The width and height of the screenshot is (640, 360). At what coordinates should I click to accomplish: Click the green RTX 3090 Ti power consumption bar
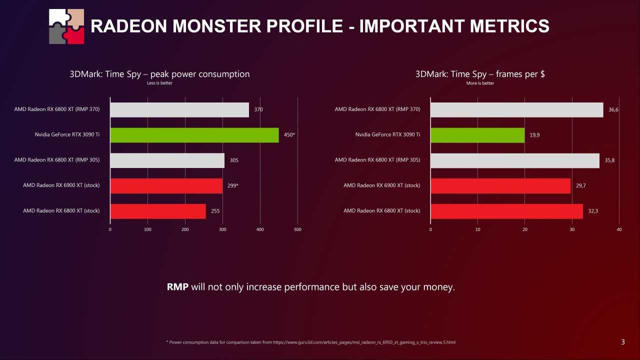coord(194,135)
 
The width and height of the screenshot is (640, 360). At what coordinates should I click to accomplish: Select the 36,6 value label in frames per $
coord(613,109)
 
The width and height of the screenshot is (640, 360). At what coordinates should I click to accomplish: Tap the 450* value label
coord(289,135)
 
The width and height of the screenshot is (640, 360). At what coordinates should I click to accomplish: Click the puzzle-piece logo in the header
coord(66,26)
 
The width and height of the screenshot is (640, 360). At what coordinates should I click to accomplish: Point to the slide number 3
coord(622,342)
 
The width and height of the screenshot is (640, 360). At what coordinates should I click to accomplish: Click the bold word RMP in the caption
coord(177,287)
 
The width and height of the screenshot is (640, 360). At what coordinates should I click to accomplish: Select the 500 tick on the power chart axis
coord(297,229)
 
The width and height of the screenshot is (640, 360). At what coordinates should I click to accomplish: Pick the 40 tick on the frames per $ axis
coord(619,229)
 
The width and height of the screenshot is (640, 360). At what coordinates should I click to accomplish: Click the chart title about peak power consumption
coord(159,74)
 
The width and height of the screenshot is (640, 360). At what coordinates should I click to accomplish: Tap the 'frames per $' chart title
coord(480,74)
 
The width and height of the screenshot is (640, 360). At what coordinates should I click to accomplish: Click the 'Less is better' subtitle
coord(159,83)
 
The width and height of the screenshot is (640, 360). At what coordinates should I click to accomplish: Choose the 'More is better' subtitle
coord(480,83)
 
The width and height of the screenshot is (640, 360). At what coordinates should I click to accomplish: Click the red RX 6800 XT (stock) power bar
coord(158,211)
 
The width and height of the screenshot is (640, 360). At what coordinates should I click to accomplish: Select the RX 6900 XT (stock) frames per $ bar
coord(500,185)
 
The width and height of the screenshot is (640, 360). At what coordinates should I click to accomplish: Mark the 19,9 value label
coord(534,135)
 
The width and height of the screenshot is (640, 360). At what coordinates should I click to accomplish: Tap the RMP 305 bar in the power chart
coord(167,160)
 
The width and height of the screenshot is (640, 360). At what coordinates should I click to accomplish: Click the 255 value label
coord(215,211)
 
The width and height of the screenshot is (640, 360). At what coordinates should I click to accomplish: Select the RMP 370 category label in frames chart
coord(377,109)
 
